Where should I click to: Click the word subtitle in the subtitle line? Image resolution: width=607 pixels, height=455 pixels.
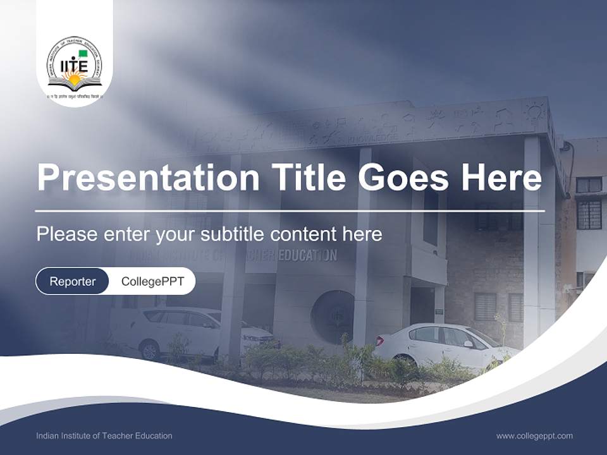point(232,234)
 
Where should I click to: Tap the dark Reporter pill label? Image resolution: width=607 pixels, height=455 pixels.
point(73,281)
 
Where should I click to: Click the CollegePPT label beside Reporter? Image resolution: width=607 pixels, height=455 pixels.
point(152,281)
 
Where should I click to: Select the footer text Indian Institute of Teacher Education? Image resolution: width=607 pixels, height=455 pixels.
point(104,435)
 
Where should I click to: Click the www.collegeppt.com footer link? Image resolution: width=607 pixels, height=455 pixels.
point(534,435)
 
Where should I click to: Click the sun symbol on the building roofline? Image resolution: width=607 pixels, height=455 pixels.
point(534,112)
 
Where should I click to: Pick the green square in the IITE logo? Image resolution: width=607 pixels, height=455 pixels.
point(83,54)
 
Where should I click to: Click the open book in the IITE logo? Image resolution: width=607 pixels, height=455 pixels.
point(75,84)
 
